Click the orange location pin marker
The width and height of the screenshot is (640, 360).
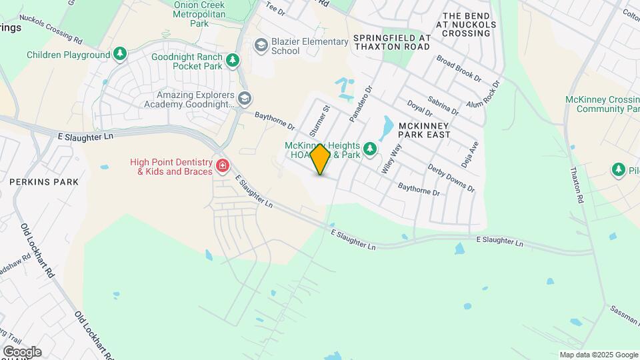pos(321,159)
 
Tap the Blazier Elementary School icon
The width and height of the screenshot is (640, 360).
pos(261,45)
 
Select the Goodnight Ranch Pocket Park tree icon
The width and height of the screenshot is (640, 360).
pos(233,61)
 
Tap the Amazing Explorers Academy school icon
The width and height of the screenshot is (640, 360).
pos(245,99)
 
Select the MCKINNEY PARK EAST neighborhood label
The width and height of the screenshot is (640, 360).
pos(424,129)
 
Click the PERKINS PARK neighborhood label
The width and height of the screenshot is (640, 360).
pos(44,181)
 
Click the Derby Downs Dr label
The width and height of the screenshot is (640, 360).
pos(451,178)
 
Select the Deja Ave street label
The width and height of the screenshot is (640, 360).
pos(469,154)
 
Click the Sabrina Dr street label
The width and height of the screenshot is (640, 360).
pos(445,104)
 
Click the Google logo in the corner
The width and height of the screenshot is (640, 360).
pos(21,352)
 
